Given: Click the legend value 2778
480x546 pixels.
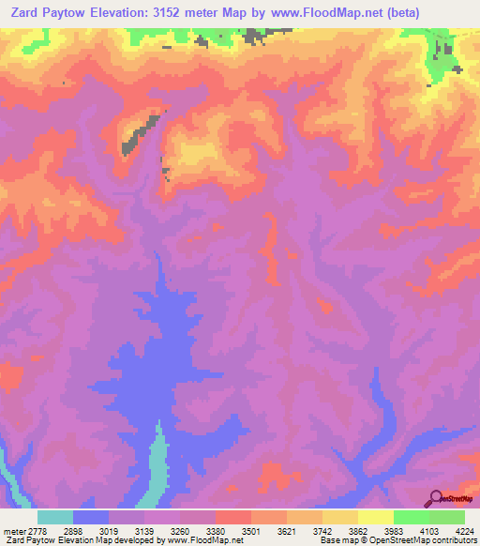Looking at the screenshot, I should (x=38, y=531).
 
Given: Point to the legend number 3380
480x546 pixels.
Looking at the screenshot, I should (x=216, y=531).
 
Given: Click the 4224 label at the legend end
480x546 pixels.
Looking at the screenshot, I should (x=464, y=531).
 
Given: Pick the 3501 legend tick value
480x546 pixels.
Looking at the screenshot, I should (x=251, y=531).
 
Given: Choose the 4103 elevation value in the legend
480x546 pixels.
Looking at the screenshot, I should (x=428, y=531).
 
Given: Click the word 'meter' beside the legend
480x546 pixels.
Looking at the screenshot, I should (x=14, y=531).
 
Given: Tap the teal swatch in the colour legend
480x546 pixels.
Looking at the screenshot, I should (x=55, y=517).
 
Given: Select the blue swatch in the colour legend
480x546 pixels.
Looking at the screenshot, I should (x=91, y=517).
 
